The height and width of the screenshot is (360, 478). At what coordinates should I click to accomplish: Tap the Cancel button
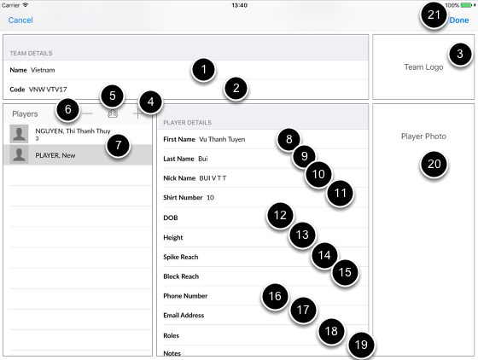pos(20,20)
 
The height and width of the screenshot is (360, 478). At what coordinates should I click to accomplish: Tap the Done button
pos(459,20)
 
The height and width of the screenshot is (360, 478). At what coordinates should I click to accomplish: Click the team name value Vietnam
pos(43,70)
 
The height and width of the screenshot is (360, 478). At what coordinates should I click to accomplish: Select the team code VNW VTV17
pos(48,90)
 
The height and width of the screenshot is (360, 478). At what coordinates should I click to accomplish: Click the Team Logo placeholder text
pos(423,67)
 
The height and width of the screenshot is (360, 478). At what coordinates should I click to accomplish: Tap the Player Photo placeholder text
pos(423,136)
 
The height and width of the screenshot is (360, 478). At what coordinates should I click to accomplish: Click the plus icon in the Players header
pos(137,114)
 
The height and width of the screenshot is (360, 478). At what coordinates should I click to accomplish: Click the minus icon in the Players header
pos(87,114)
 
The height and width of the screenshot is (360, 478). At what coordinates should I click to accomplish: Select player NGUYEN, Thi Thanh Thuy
pos(73,131)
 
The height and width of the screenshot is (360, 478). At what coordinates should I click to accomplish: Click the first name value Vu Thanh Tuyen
pos(222,139)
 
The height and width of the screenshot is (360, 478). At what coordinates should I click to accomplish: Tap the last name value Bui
pos(203,159)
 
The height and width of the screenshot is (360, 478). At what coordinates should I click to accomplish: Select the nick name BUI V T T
pos(213,178)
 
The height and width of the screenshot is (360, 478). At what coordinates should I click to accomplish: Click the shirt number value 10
pos(210,198)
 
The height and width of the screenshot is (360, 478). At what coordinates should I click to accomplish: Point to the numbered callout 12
pos(280,215)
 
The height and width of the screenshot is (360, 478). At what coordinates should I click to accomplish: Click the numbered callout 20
pos(434,164)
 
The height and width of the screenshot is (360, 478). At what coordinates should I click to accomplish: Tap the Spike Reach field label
pos(181,257)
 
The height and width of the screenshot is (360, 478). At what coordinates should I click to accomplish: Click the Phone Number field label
pos(185,296)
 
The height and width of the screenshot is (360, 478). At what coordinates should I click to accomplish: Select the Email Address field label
pos(184,316)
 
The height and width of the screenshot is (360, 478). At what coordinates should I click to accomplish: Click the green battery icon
pos(466,5)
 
